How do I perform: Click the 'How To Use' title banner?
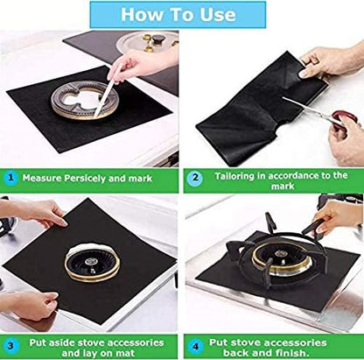pyautogui.click(x=178, y=15)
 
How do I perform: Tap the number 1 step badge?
pyautogui.click(x=10, y=178)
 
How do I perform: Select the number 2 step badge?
pyautogui.click(x=195, y=177)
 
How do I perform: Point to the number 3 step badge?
pyautogui.click(x=10, y=346)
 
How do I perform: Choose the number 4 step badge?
pyautogui.click(x=195, y=347)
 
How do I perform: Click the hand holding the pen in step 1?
pyautogui.click(x=143, y=64)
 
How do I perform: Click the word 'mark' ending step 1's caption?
pyautogui.click(x=142, y=178)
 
